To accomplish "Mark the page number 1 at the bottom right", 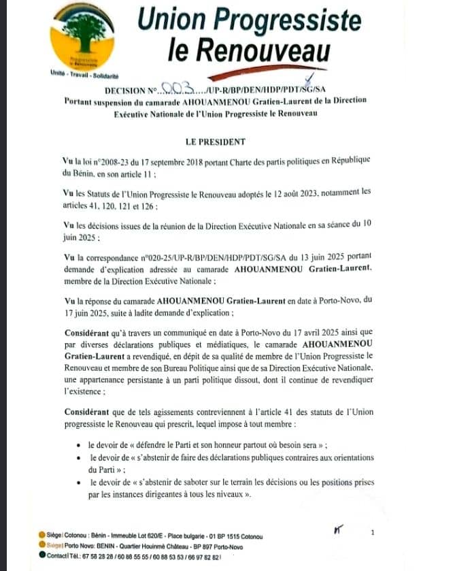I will point(373,533).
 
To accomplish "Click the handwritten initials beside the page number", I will point(338,530).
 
